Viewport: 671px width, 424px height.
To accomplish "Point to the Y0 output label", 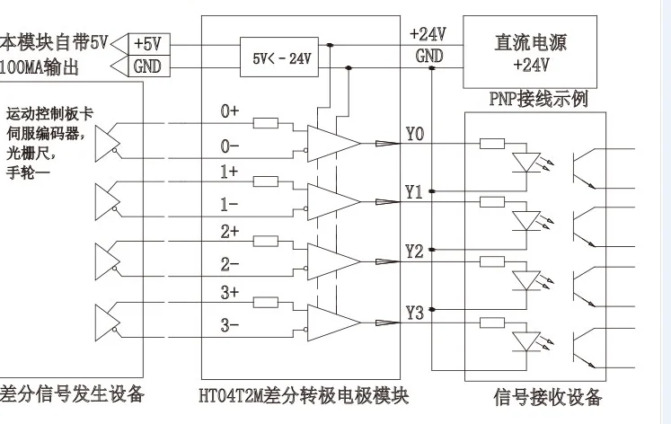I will tap(414, 136).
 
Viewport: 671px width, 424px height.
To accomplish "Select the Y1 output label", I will tap(414, 192).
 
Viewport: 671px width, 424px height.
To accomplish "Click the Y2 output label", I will tap(414, 251).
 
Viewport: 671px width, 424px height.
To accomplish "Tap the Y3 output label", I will tap(414, 313).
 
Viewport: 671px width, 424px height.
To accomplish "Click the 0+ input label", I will tap(230, 111).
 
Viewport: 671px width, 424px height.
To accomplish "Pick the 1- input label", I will tap(230, 205).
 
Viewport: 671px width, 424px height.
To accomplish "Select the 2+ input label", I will tap(230, 232).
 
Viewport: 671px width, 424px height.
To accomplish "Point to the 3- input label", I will tap(230, 324).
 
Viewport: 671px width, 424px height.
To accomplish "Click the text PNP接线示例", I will tap(541, 99).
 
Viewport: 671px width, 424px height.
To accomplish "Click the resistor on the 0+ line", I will tap(266, 124).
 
